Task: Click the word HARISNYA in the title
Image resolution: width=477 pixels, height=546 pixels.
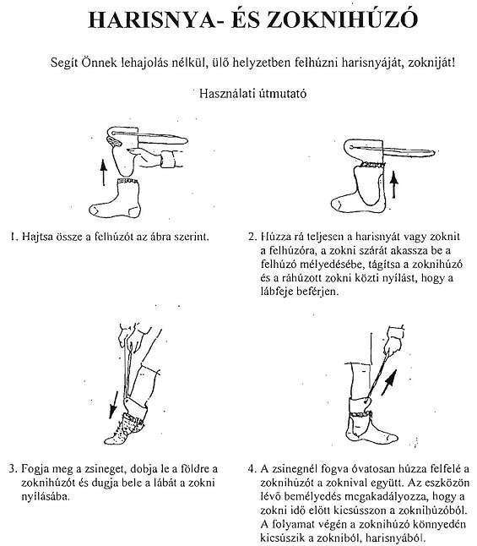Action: pyautogui.click(x=151, y=19)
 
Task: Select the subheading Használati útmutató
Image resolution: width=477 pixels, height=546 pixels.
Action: pyautogui.click(x=253, y=93)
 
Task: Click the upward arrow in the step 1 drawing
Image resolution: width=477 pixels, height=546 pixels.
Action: pyautogui.click(x=103, y=172)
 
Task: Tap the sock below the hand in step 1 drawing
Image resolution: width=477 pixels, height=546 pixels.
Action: pyautogui.click(x=115, y=198)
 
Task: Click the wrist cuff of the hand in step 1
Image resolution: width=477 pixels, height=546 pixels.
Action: pyautogui.click(x=168, y=160)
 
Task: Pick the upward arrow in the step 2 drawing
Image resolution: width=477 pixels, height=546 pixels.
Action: pyautogui.click(x=393, y=184)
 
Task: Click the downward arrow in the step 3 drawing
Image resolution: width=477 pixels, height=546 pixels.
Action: pyautogui.click(x=113, y=405)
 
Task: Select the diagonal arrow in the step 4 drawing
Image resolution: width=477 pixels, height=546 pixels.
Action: pyautogui.click(x=389, y=382)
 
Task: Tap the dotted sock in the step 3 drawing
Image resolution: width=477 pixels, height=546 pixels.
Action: pyautogui.click(x=124, y=428)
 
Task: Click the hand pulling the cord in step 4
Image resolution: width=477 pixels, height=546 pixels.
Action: pyautogui.click(x=393, y=342)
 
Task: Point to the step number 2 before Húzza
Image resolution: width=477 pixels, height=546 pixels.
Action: pyautogui.click(x=252, y=237)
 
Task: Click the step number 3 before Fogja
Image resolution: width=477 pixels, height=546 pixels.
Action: pyautogui.click(x=13, y=468)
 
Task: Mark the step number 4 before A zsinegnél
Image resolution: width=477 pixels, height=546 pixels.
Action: pyautogui.click(x=252, y=469)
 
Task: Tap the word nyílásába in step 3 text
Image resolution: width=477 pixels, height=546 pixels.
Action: pyautogui.click(x=46, y=496)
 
